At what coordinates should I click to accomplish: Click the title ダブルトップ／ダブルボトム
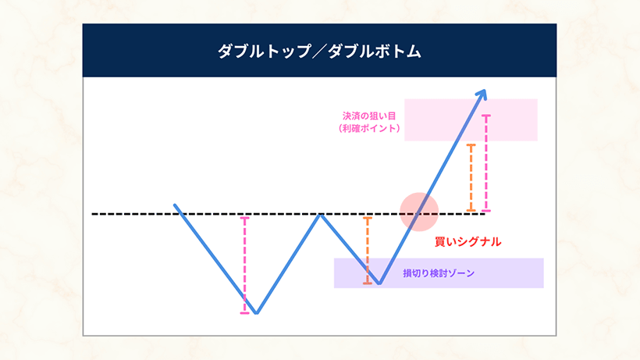pos(319,52)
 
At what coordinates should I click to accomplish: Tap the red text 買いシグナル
pos(468,242)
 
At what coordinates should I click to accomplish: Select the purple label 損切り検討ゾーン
pos(439,273)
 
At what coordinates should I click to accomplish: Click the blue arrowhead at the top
pos(482,94)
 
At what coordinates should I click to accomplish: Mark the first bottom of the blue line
pos(256,313)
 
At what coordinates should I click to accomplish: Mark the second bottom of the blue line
pos(379,283)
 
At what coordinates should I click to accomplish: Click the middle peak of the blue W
pos(320,214)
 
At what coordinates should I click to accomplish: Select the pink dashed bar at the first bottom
pos(244,264)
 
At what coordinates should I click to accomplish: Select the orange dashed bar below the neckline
pos(367,250)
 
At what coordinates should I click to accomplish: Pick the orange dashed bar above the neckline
pos(471,176)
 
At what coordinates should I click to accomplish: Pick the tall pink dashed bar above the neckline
pos(487,162)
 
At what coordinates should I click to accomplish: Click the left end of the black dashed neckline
pos(93,213)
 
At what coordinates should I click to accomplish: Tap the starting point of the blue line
pos(175,205)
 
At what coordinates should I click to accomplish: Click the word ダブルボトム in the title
pos(375,52)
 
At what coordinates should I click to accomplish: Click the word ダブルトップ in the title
pos(264,52)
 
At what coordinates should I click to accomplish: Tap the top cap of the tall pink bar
pos(487,116)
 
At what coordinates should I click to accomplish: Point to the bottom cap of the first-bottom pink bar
pos(244,313)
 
